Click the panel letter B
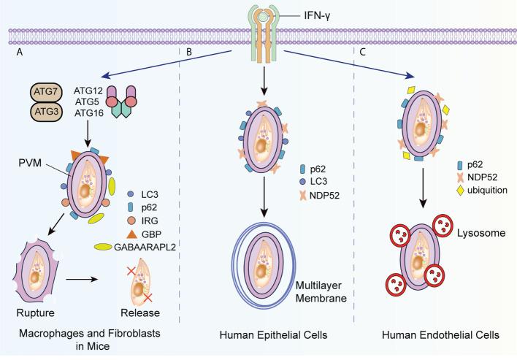tap(188, 53)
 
